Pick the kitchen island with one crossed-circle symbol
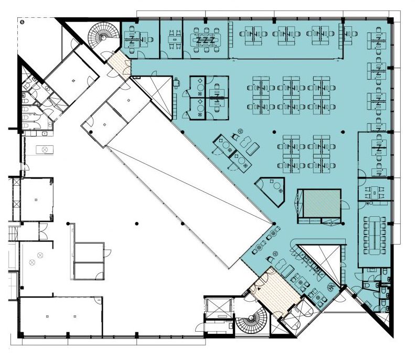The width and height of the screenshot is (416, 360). click(45, 150)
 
